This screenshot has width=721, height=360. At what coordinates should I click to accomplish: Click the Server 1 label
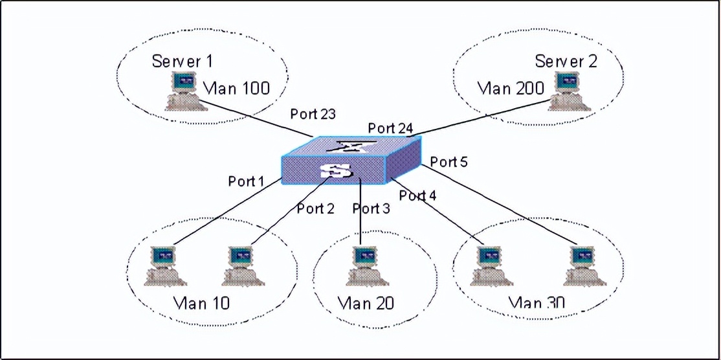tap(182, 62)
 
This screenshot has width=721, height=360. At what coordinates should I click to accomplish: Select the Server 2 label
tap(566, 62)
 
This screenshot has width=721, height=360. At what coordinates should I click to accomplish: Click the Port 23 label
tap(313, 115)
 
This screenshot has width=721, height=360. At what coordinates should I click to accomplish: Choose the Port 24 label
tap(390, 128)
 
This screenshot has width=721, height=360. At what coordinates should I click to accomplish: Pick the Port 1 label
tap(247, 181)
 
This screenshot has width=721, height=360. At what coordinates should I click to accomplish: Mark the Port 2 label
tap(316, 208)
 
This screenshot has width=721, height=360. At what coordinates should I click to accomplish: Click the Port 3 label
tap(372, 208)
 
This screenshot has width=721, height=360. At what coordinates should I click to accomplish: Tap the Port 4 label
tap(418, 195)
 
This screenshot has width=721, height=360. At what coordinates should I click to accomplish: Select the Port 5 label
tap(449, 162)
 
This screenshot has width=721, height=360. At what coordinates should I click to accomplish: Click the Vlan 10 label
tap(202, 302)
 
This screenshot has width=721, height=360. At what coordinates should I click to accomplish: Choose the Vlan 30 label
tap(537, 302)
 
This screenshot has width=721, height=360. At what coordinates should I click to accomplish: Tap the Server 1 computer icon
tap(184, 91)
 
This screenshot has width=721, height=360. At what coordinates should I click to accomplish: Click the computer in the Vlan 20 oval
tap(366, 265)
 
